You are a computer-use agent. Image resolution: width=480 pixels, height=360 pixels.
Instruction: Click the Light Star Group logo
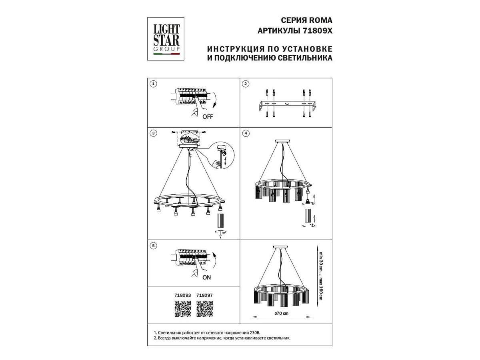point(166,39)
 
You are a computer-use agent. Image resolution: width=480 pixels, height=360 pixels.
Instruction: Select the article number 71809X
point(318,31)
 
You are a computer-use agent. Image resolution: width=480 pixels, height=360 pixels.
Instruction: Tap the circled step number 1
point(153,84)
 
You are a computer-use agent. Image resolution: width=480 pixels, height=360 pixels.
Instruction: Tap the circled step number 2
point(246,84)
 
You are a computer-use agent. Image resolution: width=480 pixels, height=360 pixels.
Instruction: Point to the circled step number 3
point(153,133)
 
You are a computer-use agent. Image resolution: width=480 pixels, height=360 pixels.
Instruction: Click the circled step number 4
point(246,133)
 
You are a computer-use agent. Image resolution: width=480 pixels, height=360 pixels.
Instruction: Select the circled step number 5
point(153,246)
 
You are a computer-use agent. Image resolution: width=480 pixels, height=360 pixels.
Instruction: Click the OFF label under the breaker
point(208,117)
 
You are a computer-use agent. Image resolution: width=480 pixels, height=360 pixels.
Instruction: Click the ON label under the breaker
point(206,277)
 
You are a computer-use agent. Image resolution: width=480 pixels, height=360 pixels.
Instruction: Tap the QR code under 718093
point(182,309)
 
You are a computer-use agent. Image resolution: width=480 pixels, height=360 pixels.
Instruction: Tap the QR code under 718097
point(205,309)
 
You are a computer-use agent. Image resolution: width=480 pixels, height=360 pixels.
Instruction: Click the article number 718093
point(182,295)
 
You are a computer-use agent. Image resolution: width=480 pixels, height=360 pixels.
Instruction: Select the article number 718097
point(205,295)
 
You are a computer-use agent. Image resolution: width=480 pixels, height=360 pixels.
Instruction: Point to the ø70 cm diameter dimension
point(282,313)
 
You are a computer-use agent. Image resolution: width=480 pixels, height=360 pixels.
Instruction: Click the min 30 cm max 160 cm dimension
point(320,276)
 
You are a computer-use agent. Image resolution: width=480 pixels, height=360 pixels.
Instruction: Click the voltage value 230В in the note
point(254,333)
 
